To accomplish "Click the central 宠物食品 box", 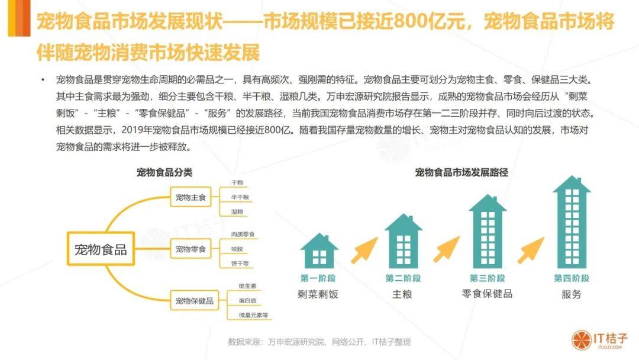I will click(101, 249).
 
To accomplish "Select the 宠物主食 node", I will click(190, 197).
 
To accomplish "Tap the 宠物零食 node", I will click(190, 249).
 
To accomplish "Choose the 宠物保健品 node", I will click(194, 301).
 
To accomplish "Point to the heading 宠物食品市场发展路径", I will click(461, 173).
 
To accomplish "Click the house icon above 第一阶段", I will click(319, 249).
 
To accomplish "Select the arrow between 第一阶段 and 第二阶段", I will click(364, 251).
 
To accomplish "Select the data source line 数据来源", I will click(319, 342).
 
